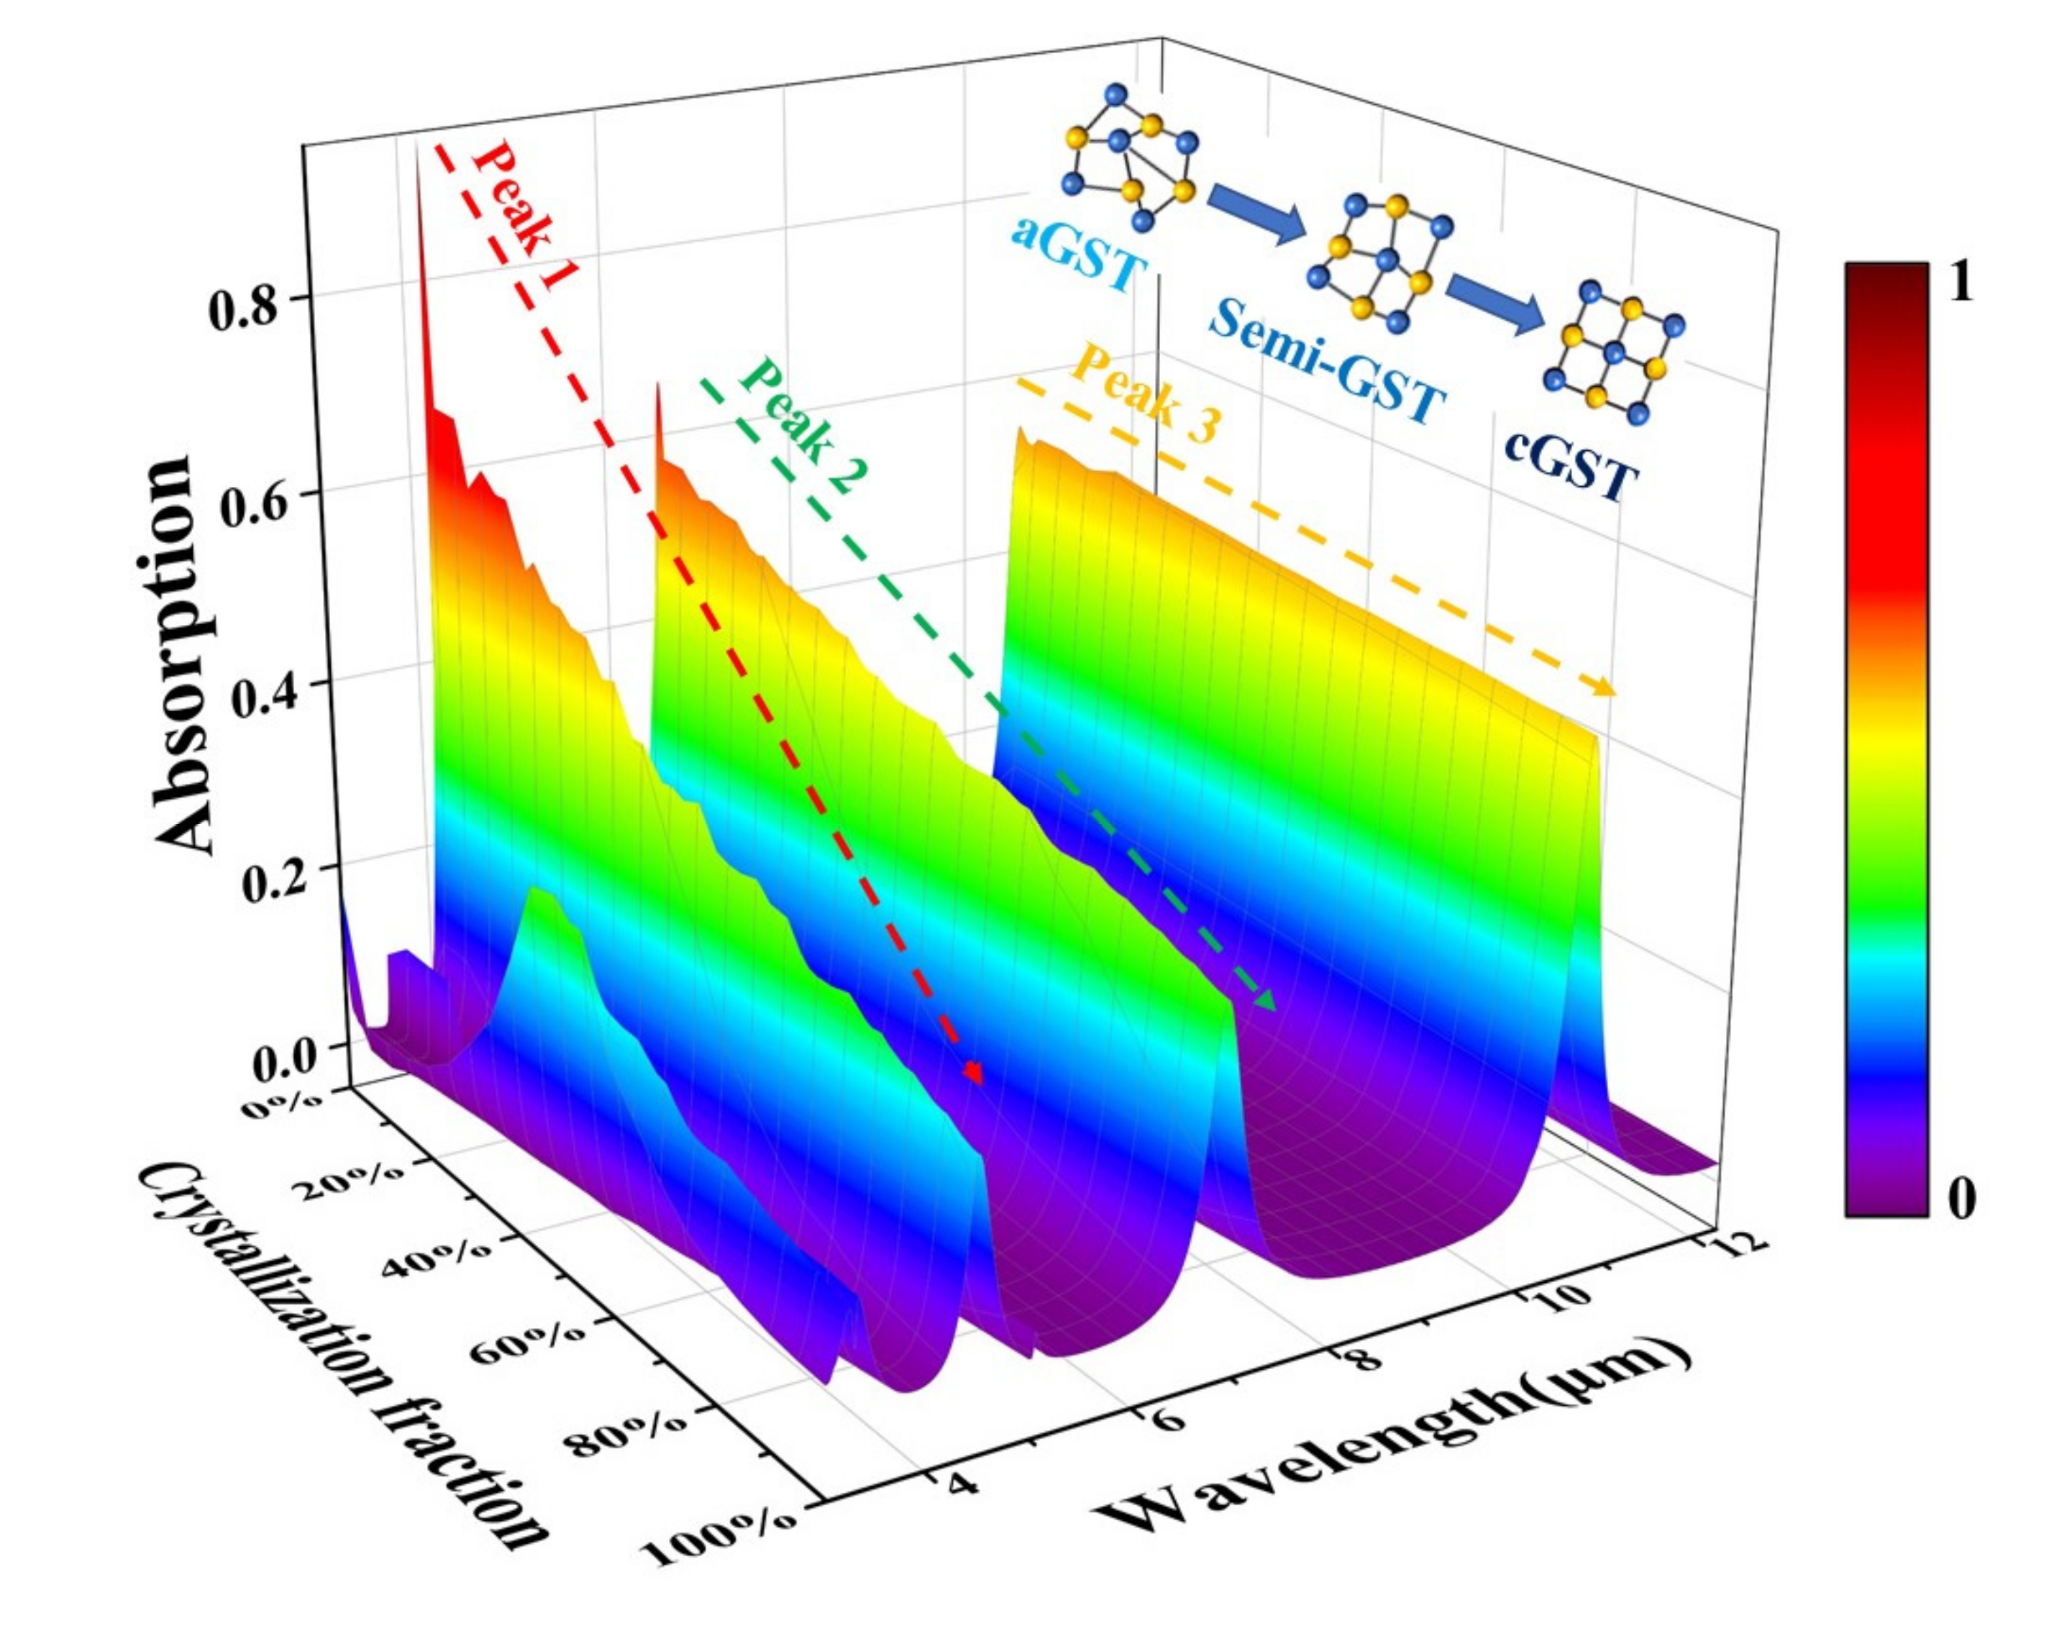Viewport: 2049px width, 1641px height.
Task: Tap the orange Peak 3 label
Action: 1145,393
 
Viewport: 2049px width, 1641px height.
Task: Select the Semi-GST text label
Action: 1325,360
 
